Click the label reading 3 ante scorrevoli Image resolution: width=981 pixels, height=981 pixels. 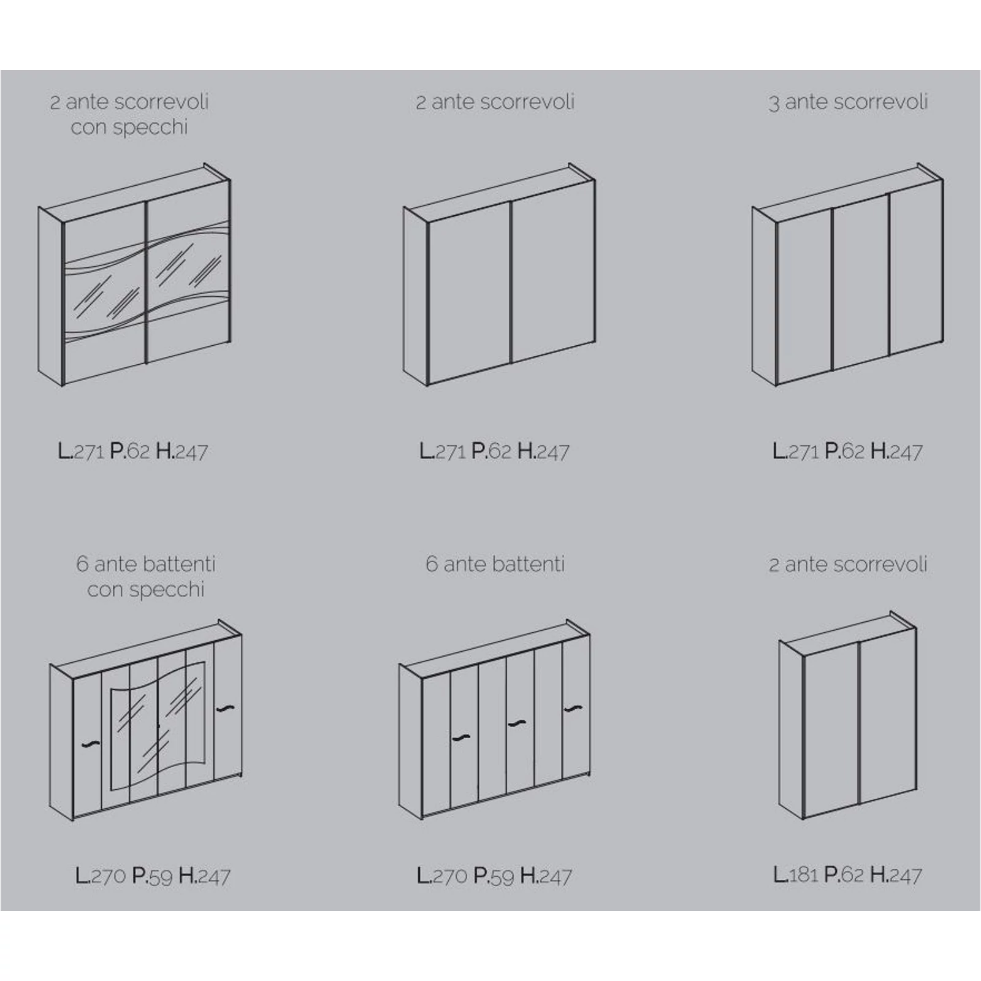pyautogui.click(x=848, y=102)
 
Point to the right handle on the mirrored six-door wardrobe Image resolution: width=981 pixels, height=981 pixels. pyautogui.click(x=225, y=709)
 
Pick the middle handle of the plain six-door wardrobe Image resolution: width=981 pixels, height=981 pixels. pyautogui.click(x=517, y=723)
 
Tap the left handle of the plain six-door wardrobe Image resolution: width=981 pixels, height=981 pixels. pyautogui.click(x=460, y=736)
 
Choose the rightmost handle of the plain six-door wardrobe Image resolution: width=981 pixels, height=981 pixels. pyautogui.click(x=573, y=709)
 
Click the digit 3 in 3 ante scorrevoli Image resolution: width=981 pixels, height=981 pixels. pyautogui.click(x=774, y=104)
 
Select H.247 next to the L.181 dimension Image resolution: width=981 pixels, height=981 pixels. pyautogui.click(x=896, y=874)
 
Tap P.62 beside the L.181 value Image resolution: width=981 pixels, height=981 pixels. pyautogui.click(x=844, y=874)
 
